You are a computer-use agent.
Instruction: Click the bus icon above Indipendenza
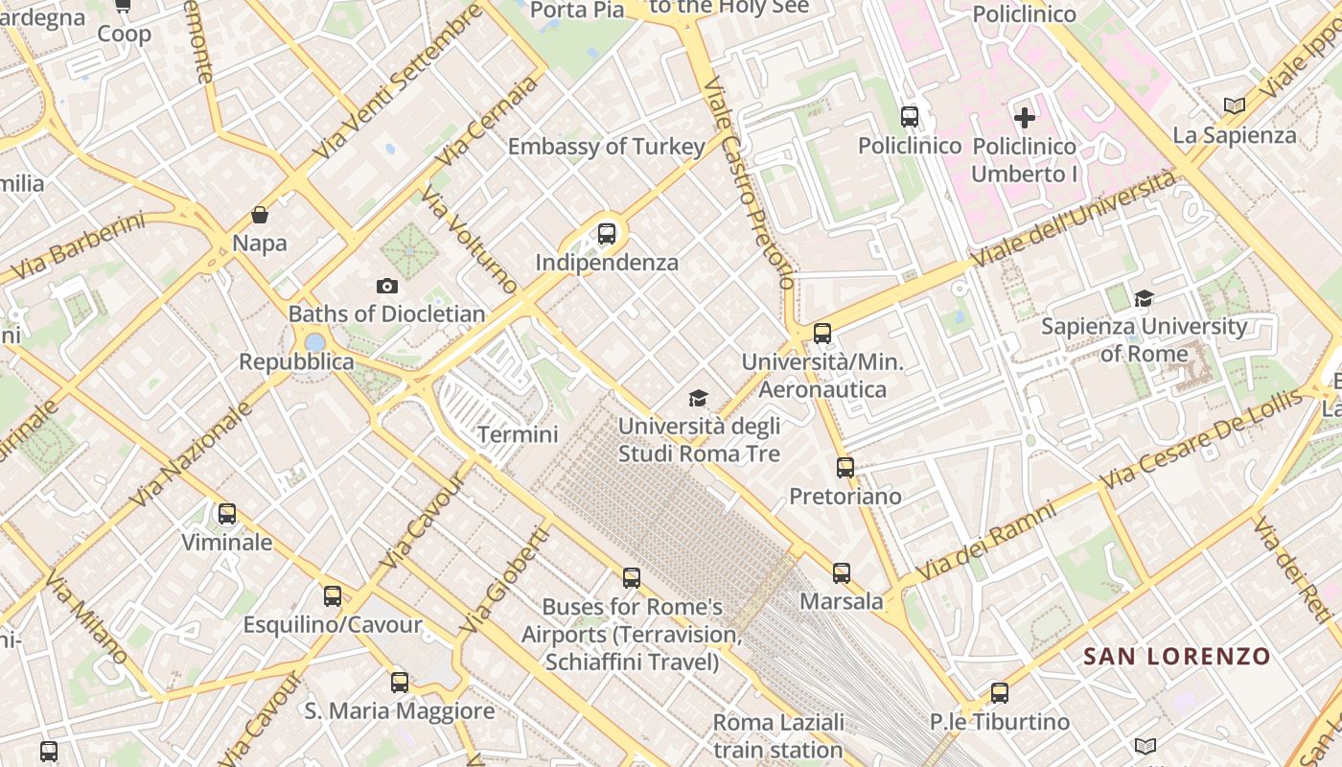click(606, 233)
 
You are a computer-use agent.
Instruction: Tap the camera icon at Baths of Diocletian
click(387, 286)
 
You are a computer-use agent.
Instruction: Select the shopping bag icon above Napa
click(260, 214)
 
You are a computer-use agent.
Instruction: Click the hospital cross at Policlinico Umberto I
click(1025, 118)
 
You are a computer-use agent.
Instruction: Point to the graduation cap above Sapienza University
click(1144, 298)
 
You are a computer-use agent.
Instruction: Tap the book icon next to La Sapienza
click(1235, 105)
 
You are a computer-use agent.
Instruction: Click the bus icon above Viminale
click(227, 514)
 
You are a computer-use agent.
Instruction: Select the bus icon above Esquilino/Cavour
click(333, 596)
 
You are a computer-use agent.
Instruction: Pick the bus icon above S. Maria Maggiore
click(400, 683)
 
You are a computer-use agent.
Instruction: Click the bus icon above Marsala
click(842, 573)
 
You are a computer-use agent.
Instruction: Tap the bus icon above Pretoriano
click(845, 468)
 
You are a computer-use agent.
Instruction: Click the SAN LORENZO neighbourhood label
click(1176, 657)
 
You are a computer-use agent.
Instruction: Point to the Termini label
click(518, 434)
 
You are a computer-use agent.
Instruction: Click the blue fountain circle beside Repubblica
click(315, 342)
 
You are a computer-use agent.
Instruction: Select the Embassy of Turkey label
click(606, 147)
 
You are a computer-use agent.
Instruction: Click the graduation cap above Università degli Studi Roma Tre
click(699, 398)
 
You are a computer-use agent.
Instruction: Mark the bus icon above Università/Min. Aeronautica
click(821, 334)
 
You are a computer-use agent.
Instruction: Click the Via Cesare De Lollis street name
click(1203, 438)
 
